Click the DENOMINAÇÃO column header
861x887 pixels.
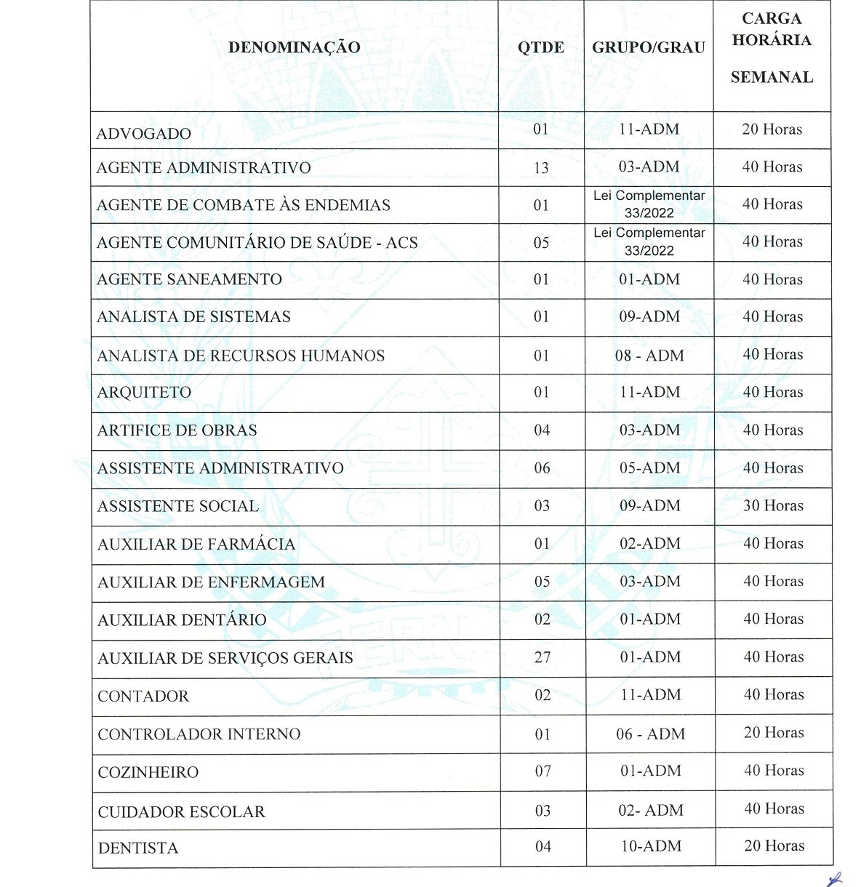(x=294, y=48)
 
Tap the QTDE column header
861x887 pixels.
(x=541, y=48)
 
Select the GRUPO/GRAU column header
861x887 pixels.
(x=649, y=48)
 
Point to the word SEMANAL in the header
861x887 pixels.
(x=772, y=77)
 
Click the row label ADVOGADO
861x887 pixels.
(x=144, y=134)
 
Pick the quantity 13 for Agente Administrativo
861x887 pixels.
(x=541, y=168)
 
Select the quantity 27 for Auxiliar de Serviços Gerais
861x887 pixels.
(x=542, y=658)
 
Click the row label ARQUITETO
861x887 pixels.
(x=145, y=393)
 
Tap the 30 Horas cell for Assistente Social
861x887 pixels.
(x=773, y=506)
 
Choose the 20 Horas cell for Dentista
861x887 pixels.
(x=774, y=846)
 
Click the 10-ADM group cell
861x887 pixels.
(x=651, y=846)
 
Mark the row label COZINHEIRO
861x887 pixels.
(x=148, y=773)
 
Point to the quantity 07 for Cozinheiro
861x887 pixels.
(x=543, y=771)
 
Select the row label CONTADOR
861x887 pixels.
(x=143, y=697)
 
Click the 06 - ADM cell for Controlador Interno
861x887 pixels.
(x=650, y=734)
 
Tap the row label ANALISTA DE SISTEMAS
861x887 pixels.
(x=193, y=317)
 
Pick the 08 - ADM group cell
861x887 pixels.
(x=649, y=356)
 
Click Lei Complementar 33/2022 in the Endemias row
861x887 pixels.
(x=649, y=204)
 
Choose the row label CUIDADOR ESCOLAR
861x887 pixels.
(x=182, y=812)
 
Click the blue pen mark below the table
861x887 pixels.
(x=836, y=879)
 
